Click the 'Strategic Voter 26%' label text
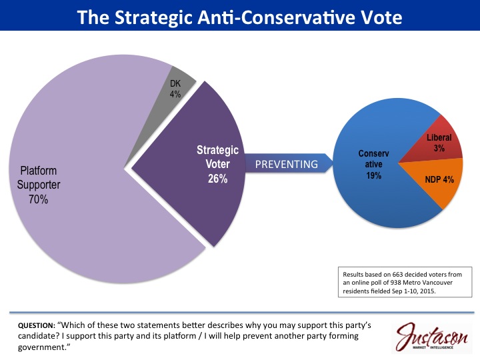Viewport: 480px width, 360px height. pos(217,165)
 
